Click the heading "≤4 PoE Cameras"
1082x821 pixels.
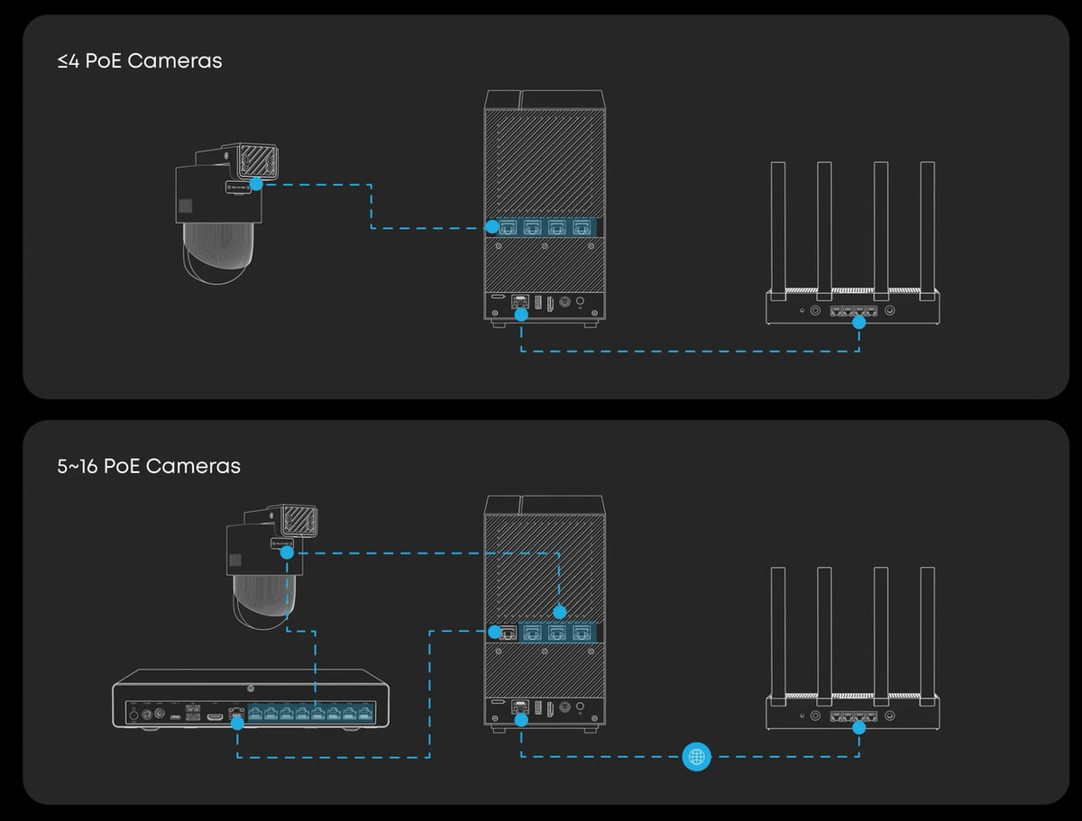click(x=139, y=61)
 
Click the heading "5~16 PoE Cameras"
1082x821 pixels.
click(x=149, y=466)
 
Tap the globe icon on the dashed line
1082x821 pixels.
click(x=696, y=756)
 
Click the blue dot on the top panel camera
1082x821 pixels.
click(x=256, y=184)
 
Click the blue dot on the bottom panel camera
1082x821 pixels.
click(x=286, y=553)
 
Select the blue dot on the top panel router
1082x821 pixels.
click(x=858, y=322)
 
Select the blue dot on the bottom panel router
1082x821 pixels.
click(x=858, y=726)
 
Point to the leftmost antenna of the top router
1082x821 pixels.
click(x=777, y=225)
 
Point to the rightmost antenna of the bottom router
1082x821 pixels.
click(x=927, y=631)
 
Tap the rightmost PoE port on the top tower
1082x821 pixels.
click(x=582, y=227)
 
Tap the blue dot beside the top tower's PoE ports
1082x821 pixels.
click(x=492, y=227)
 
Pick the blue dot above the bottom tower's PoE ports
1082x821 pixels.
click(x=559, y=610)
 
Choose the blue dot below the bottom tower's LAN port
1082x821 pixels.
click(x=521, y=720)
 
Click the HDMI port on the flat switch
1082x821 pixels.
click(x=215, y=716)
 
